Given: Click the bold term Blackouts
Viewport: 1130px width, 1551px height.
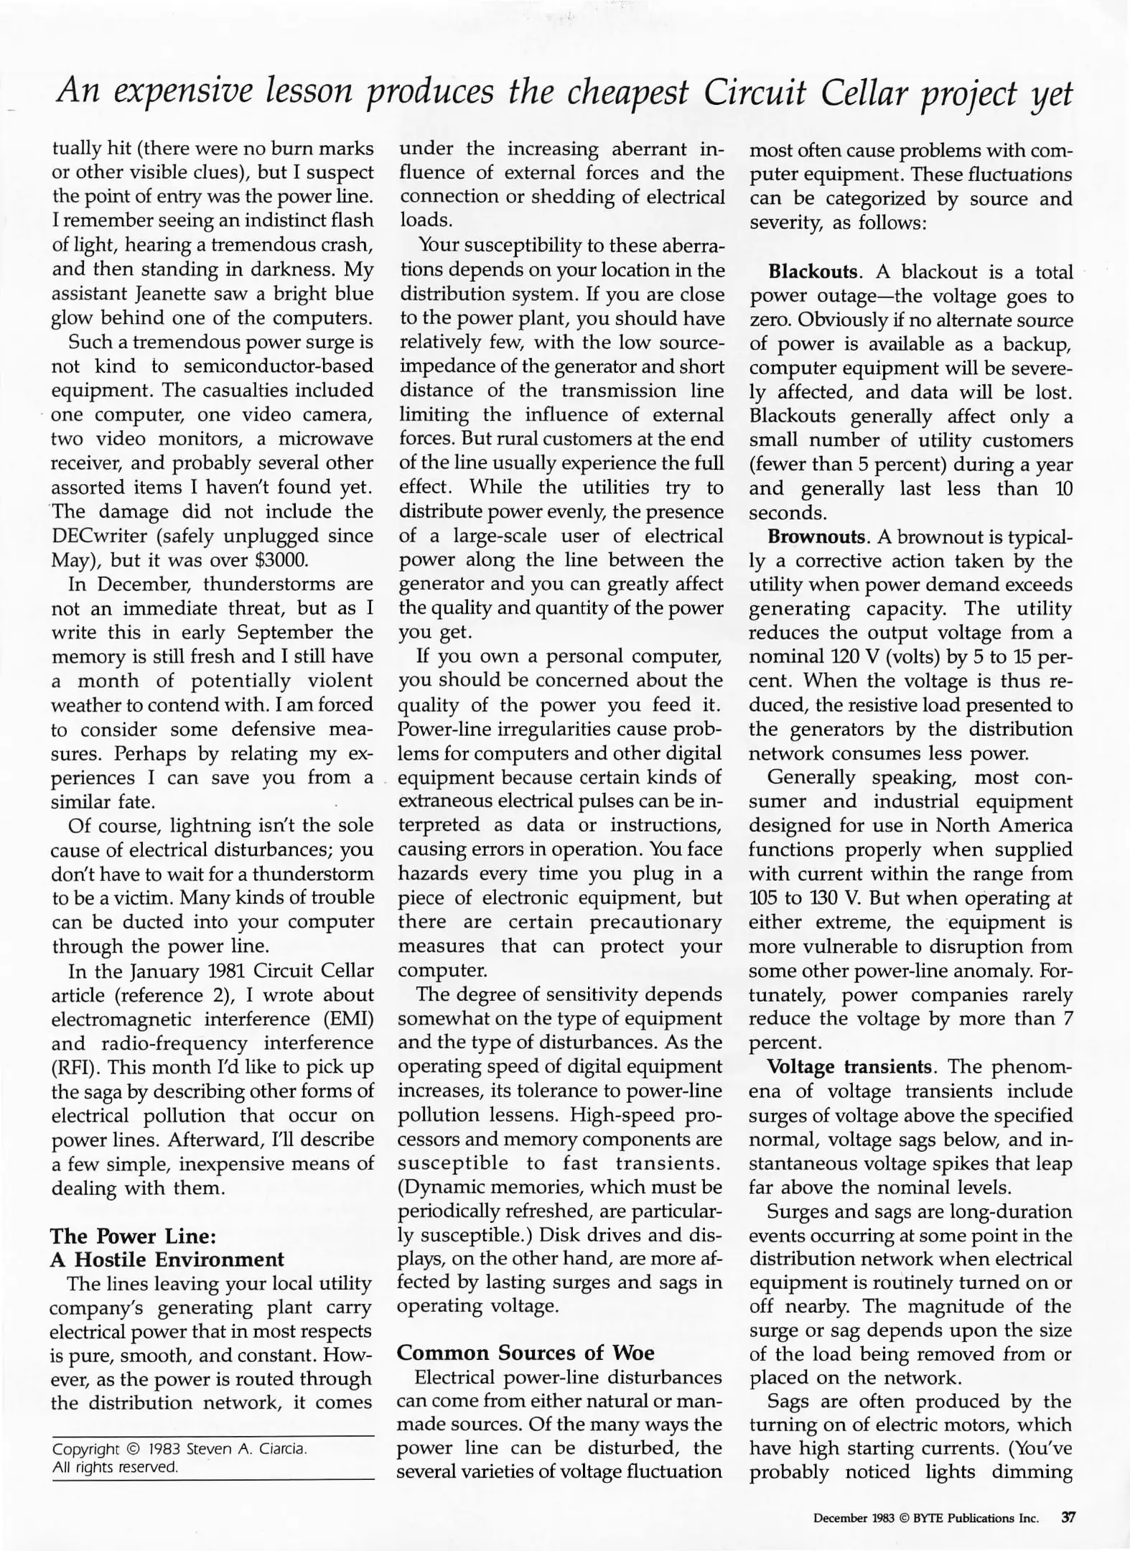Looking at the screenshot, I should point(813,272).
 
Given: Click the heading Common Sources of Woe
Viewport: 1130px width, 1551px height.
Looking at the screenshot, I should point(526,1352).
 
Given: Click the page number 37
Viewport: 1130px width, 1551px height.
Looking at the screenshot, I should point(1068,1517).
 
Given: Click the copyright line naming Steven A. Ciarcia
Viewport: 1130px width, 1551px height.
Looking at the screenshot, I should point(180,1449).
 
